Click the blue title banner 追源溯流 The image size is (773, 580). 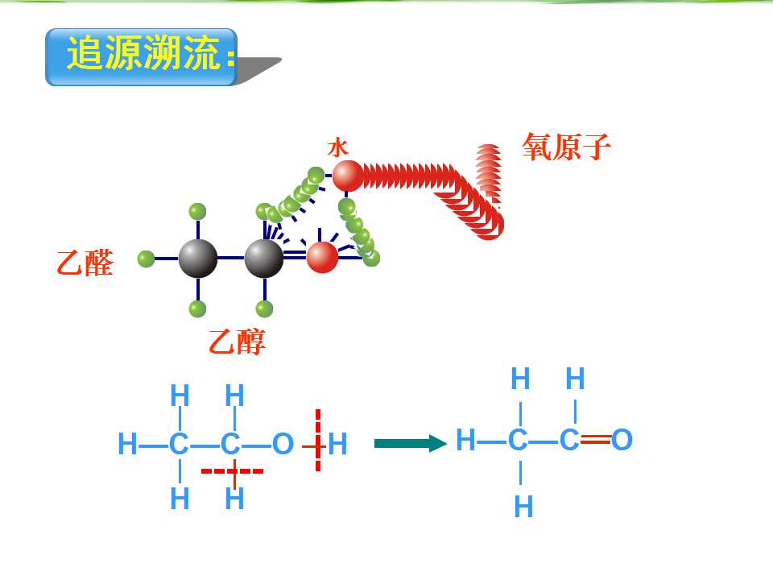point(142,56)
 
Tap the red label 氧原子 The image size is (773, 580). point(566,147)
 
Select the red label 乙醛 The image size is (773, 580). point(85,263)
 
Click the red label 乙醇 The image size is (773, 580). point(237,342)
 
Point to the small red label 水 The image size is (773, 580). point(338,147)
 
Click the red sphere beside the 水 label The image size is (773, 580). point(348,176)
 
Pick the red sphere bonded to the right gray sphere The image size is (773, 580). point(322,257)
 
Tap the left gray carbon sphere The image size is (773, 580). point(198,259)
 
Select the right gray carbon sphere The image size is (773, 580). point(264,259)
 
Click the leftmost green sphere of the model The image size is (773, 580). point(146,259)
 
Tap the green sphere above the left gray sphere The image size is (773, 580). point(198,212)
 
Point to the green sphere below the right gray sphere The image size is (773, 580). point(265,309)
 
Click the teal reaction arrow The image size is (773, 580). point(411,443)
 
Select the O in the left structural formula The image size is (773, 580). point(283,444)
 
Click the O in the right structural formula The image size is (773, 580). point(622,440)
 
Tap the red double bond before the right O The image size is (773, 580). point(596,440)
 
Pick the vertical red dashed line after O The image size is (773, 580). point(318,440)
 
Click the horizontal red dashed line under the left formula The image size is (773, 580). point(232,471)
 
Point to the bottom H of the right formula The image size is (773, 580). point(523,507)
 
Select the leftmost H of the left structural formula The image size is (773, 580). point(127,443)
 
